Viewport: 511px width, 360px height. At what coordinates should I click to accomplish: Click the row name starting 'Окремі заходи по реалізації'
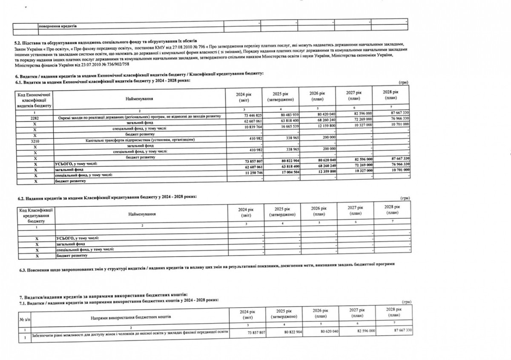(138, 116)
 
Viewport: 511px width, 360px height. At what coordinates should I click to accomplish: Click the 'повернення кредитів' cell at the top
(57, 26)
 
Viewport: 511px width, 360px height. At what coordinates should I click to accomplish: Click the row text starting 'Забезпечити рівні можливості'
(127, 331)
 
